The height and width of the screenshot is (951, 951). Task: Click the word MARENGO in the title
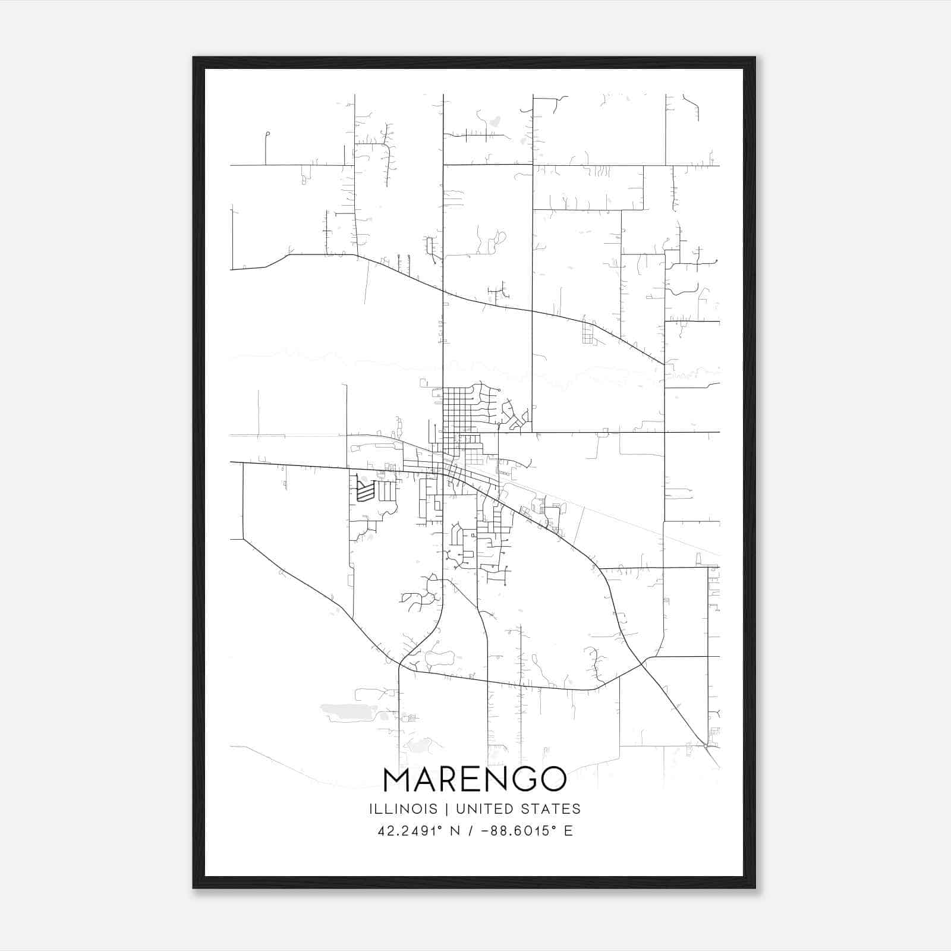[475, 779]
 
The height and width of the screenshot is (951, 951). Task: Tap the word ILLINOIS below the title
[403, 809]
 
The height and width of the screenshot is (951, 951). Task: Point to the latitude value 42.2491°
[410, 831]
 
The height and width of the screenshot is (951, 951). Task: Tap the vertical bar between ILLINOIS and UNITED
[445, 809]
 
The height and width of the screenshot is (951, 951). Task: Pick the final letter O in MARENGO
[553, 779]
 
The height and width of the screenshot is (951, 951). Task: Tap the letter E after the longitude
[568, 831]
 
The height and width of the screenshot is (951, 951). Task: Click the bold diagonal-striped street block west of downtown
[365, 491]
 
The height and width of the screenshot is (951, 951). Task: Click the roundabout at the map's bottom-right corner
[706, 745]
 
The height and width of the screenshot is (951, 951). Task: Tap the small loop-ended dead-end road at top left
[267, 135]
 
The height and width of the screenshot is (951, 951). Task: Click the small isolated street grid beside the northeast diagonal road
[588, 333]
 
